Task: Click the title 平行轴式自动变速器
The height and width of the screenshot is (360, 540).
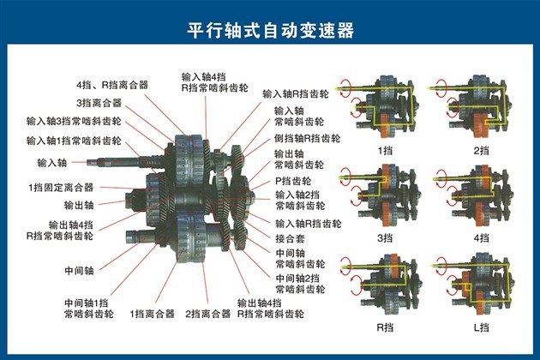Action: coord(271,31)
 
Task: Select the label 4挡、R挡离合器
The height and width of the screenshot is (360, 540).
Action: coord(112,85)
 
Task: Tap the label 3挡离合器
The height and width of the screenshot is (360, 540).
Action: coord(99,103)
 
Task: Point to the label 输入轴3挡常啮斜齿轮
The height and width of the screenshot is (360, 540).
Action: coord(74,121)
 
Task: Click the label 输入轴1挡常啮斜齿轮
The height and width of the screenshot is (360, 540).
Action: coord(74,141)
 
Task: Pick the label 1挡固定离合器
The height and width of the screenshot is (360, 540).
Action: coord(61,188)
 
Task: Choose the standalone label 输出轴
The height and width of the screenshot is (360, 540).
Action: coord(79,206)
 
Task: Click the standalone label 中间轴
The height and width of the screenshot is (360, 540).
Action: coord(79,271)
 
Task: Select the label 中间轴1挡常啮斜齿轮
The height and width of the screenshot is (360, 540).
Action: coord(89,309)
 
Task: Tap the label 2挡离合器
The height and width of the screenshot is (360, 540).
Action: coord(207,314)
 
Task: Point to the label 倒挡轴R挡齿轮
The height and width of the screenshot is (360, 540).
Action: coord(307,139)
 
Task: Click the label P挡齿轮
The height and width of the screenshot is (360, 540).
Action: coord(293,181)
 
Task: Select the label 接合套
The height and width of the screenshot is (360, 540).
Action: coord(290,238)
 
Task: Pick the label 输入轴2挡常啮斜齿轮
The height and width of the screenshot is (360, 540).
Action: coord(300,201)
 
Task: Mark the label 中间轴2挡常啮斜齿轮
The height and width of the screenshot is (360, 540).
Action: coord(300,284)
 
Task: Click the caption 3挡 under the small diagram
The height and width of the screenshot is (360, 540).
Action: coord(385,237)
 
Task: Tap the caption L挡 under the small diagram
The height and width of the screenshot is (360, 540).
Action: coord(481,327)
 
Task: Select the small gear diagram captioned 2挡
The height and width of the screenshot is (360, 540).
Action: coord(471,107)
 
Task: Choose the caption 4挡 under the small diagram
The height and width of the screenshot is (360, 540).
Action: coord(481,237)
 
